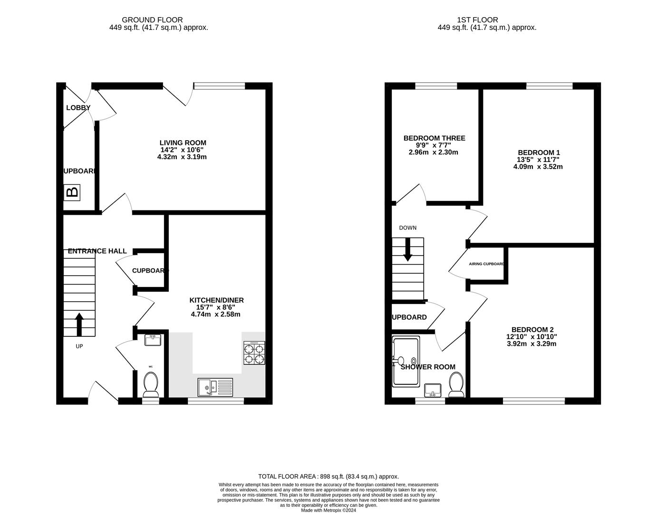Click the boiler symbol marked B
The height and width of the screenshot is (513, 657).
point(72,192)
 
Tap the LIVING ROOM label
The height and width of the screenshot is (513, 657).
point(183,142)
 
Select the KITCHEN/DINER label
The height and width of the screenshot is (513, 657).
point(216,300)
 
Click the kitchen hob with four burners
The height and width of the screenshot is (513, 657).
point(254,353)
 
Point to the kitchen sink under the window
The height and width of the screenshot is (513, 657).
point(216,387)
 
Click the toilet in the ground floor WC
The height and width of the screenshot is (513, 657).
point(151,384)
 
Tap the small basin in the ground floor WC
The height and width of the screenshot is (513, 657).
point(153,340)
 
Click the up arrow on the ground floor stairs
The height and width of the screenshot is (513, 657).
point(79,324)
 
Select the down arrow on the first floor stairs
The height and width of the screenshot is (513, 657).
point(407,250)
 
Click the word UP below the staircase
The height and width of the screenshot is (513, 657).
point(79,346)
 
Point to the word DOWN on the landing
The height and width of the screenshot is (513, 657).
point(407,228)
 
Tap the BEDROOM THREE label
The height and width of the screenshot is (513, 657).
point(434,138)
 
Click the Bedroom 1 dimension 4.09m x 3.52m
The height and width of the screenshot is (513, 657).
point(538,167)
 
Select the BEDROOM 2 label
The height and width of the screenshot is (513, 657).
point(532,330)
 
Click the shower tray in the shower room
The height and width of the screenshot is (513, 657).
point(406,361)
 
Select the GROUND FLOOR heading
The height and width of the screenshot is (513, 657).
point(152,20)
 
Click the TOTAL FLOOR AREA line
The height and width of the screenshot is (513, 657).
point(328,476)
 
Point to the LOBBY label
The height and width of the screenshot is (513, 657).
point(78,108)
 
